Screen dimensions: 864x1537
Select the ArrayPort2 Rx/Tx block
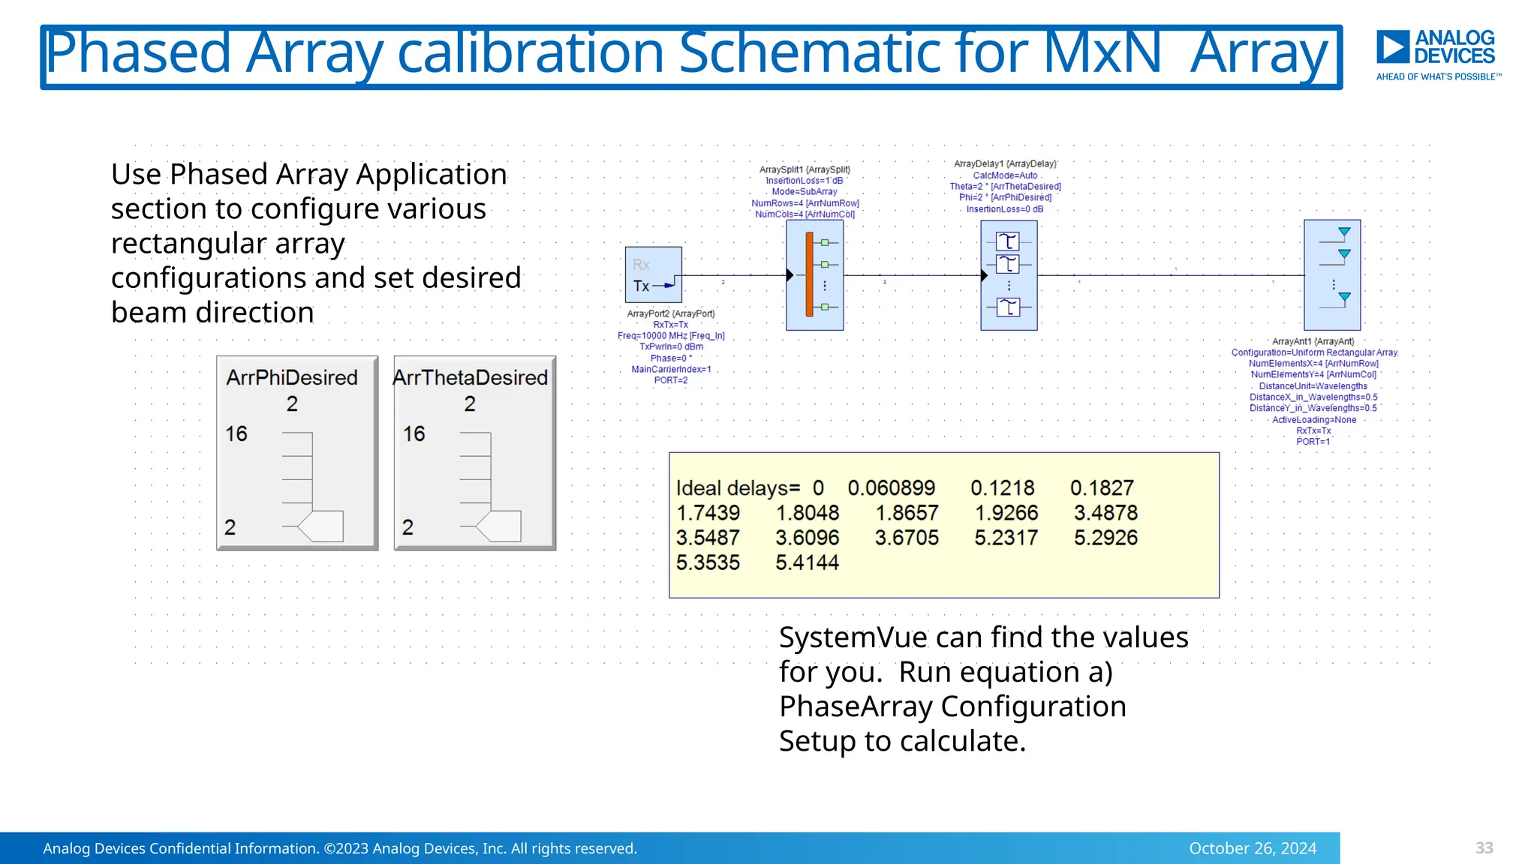pos(653,274)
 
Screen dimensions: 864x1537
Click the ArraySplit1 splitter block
pos(814,275)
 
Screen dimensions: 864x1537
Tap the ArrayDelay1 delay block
pos(1009,275)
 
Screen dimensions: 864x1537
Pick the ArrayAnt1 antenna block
pos(1332,275)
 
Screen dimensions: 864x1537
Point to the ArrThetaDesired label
pos(471,377)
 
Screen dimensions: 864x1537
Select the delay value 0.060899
pos(891,488)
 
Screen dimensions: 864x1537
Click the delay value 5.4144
pos(807,562)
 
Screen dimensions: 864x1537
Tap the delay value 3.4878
pos(1105,513)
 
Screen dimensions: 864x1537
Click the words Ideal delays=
pos(738,488)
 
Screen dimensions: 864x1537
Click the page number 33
pos(1484,848)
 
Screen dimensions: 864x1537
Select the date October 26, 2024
pos(1252,848)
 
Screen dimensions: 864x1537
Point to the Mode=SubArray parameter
pos(805,192)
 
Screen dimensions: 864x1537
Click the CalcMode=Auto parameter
pos(1005,175)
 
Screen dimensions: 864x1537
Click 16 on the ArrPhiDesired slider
pos(236,433)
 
